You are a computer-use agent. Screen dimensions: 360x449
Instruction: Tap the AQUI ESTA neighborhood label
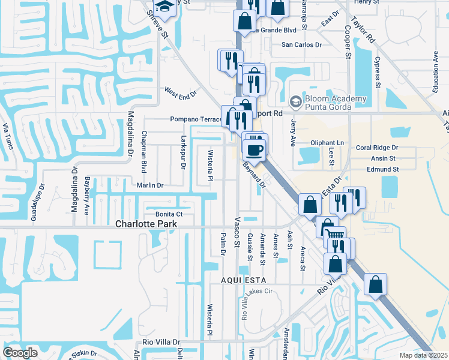tap(243, 281)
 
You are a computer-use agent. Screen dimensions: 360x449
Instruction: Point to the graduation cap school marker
tap(163, 7)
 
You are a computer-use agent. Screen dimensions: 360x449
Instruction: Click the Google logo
tap(20, 352)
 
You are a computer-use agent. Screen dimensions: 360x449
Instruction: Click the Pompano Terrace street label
tap(196, 119)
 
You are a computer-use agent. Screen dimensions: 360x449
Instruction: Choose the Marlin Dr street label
tap(150, 185)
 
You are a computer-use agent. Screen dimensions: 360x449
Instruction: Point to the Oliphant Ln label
tap(327, 143)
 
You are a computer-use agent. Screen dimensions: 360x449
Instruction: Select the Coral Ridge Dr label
tap(377, 147)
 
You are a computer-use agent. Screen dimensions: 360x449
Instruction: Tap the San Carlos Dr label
tap(302, 45)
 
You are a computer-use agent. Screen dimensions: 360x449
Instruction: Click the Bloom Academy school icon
tap(295, 102)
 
